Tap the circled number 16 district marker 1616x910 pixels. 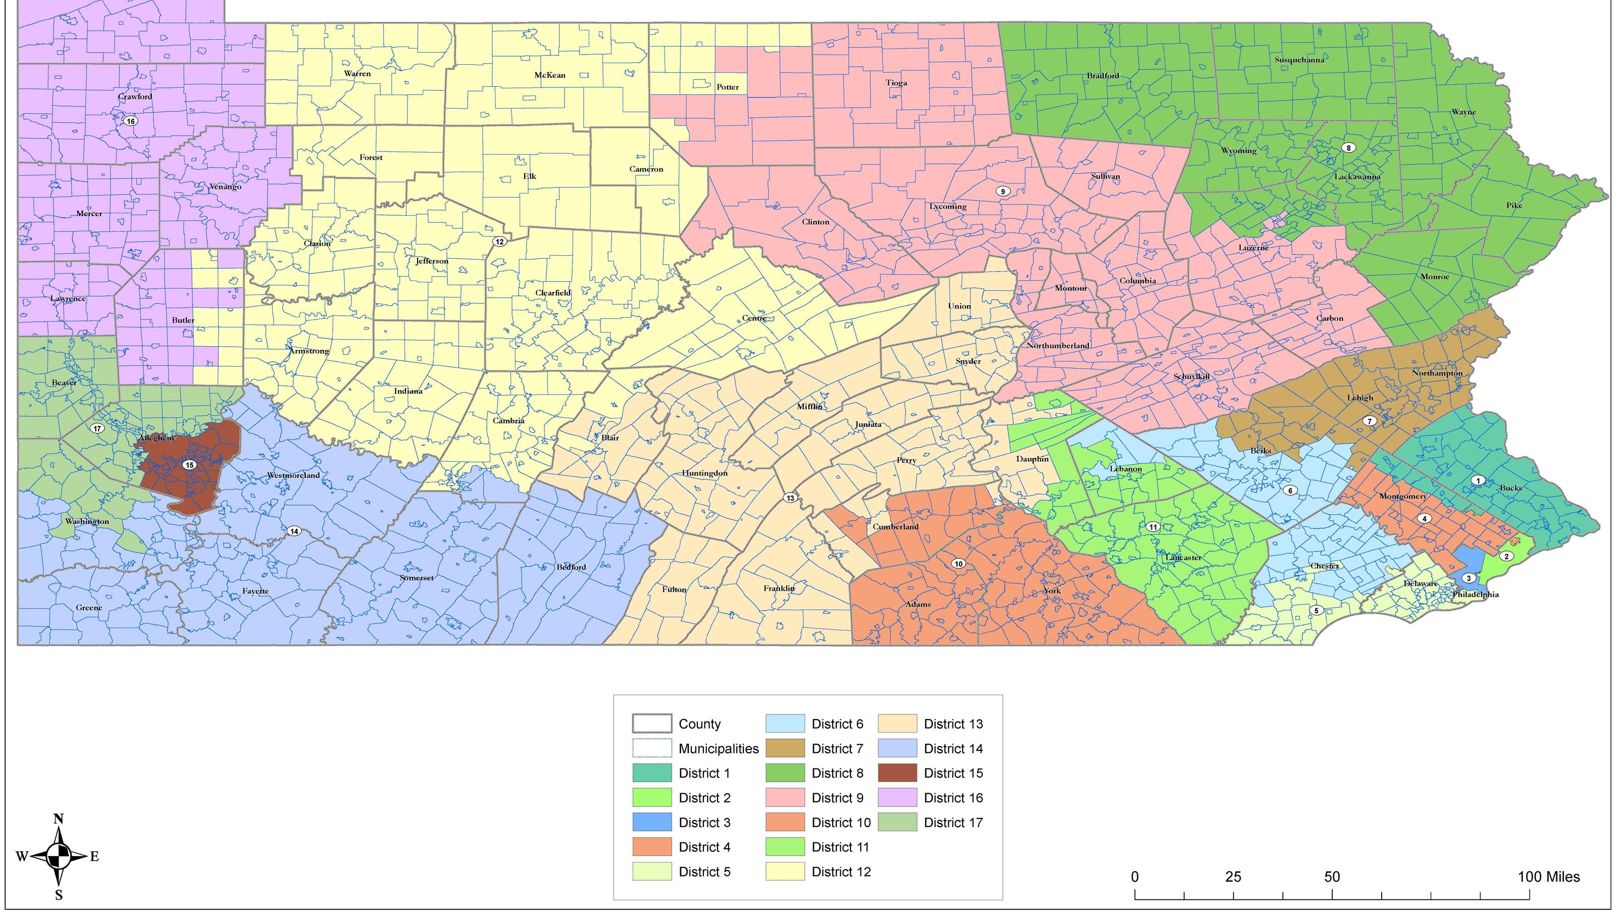pyautogui.click(x=130, y=121)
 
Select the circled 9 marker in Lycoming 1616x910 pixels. pyautogui.click(x=1002, y=191)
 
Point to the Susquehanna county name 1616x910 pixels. pyautogui.click(x=1300, y=60)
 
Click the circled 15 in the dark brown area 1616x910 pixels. pyautogui.click(x=189, y=465)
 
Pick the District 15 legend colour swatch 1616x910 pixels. pyautogui.click(x=897, y=773)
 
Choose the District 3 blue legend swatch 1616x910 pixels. pyautogui.click(x=652, y=822)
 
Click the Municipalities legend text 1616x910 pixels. pyautogui.click(x=718, y=749)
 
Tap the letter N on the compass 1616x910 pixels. pyautogui.click(x=59, y=819)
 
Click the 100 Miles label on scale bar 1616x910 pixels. pyautogui.click(x=1548, y=877)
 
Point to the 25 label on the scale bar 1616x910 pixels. pyautogui.click(x=1233, y=877)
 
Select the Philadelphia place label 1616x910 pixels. pyautogui.click(x=1476, y=594)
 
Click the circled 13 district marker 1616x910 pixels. pyautogui.click(x=790, y=498)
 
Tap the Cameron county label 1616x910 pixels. pyautogui.click(x=646, y=169)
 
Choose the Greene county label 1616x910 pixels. pyautogui.click(x=88, y=607)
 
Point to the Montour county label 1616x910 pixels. pyautogui.click(x=1071, y=288)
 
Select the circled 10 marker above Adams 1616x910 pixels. pyautogui.click(x=958, y=563)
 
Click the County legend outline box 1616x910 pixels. pyautogui.click(x=652, y=724)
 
